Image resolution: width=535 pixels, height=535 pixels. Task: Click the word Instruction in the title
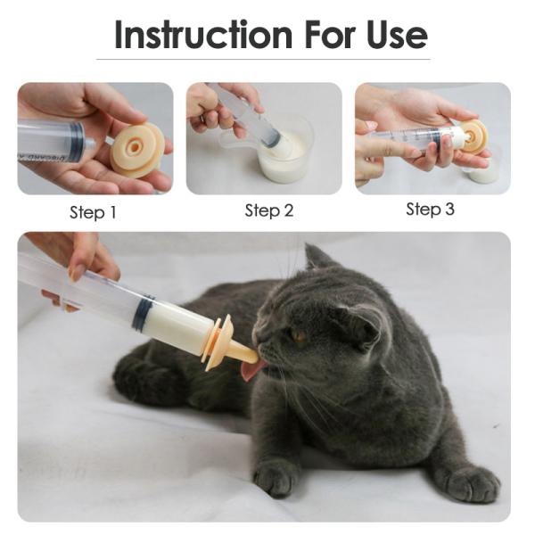[x=203, y=35]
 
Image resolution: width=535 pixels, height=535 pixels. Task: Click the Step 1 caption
[x=93, y=213]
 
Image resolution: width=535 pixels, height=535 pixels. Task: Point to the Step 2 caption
[x=268, y=211]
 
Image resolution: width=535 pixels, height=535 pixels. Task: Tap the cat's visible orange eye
[x=298, y=336]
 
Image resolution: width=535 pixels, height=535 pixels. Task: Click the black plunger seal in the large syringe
[x=143, y=314]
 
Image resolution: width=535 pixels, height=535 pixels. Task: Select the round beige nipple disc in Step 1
[x=137, y=149]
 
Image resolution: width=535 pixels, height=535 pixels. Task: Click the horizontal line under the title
[x=267, y=60]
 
